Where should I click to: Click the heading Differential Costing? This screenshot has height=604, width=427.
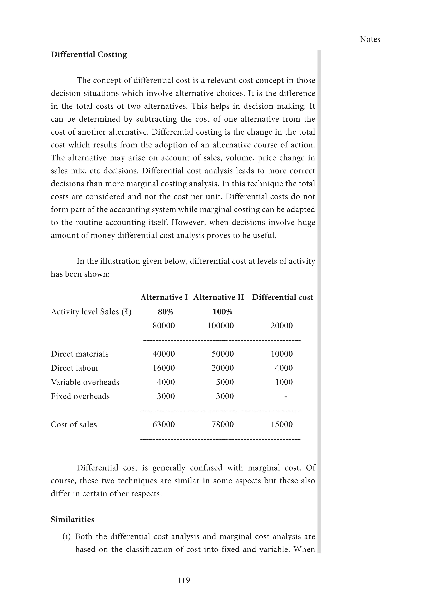[x=89, y=54]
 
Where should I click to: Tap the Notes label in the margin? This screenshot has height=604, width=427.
[x=370, y=39]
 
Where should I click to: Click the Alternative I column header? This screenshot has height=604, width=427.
[x=164, y=297]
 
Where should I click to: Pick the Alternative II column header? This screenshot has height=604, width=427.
[x=219, y=297]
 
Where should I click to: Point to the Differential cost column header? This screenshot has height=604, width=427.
[x=283, y=297]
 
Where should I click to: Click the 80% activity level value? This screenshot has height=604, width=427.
[x=165, y=312]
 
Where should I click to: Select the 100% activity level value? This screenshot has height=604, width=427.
[x=222, y=312]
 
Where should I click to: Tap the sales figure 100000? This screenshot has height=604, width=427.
[x=220, y=326]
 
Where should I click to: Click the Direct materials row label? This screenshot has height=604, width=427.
[x=79, y=354]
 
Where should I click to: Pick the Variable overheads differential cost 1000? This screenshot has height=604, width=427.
[x=284, y=382]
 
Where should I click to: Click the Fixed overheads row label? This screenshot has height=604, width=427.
[x=80, y=396]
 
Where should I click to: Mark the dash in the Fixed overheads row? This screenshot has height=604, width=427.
[x=286, y=396]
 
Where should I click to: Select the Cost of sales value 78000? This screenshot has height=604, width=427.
[x=222, y=424]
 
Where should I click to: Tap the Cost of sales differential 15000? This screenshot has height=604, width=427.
[x=282, y=424]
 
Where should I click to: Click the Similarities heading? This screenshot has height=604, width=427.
[x=72, y=519]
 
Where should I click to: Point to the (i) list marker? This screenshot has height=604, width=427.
[x=67, y=536]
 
